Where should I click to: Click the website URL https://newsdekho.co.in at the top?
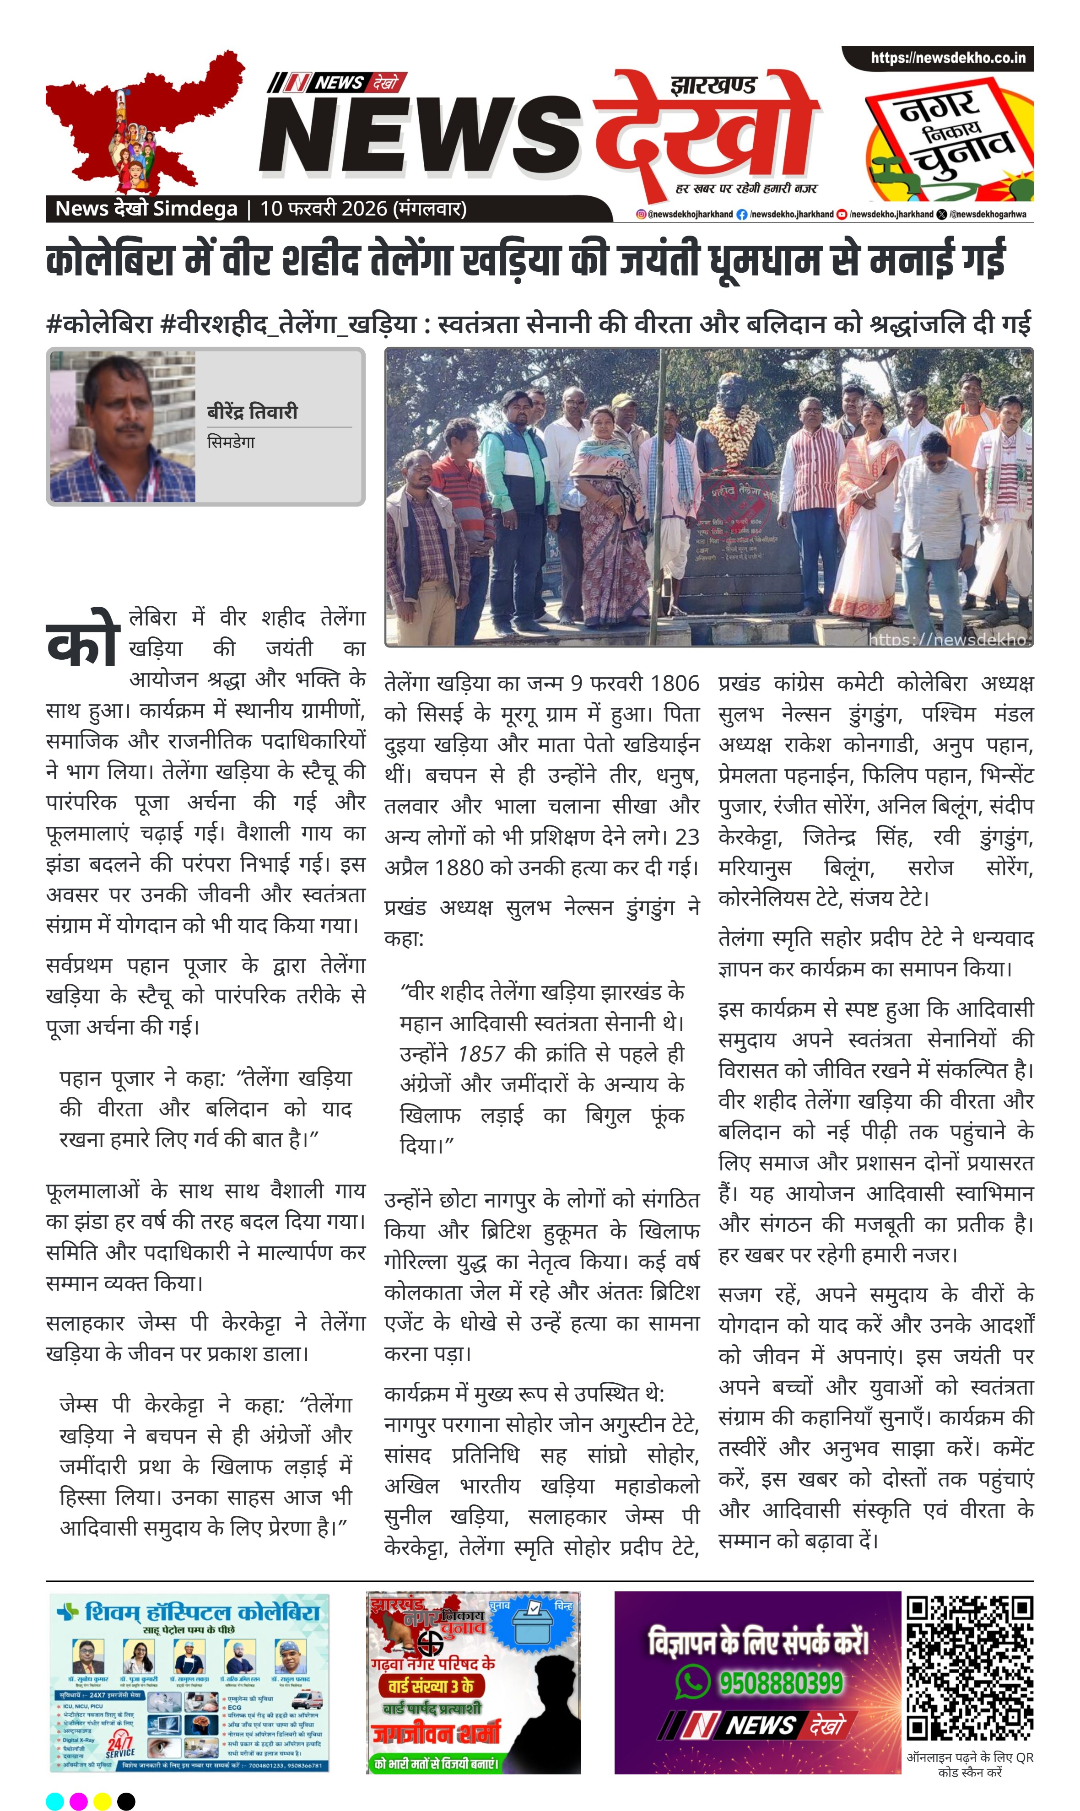click(x=948, y=58)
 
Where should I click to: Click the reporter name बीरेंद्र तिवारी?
click(x=253, y=412)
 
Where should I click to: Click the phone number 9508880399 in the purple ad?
click(x=781, y=1683)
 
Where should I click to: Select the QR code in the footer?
click(x=969, y=1668)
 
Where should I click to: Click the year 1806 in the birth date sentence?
click(x=674, y=684)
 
